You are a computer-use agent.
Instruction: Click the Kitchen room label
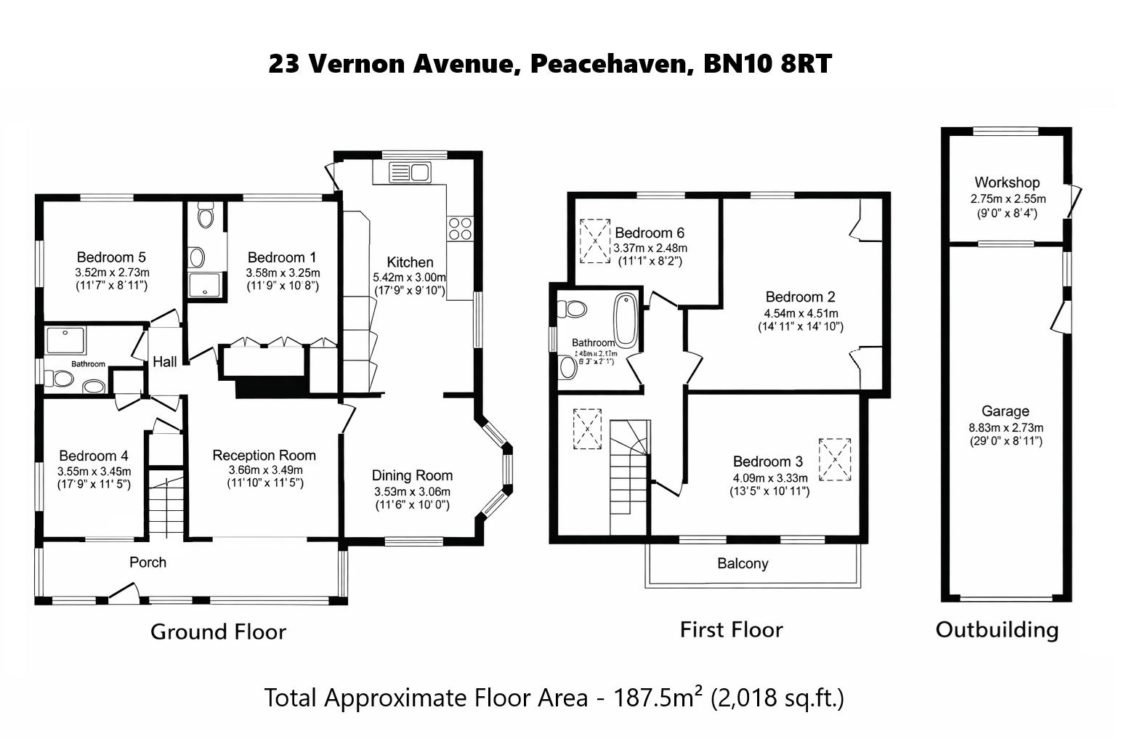[410, 262]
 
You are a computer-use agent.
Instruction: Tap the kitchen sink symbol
[410, 173]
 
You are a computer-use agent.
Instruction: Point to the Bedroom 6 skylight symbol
[594, 241]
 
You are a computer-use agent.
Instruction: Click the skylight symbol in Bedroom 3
[835, 459]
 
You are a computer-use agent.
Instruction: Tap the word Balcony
[742, 564]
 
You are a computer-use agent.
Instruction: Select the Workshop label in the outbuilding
[1006, 182]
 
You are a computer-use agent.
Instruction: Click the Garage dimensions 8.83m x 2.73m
[1006, 428]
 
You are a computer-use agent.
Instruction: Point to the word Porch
[147, 562]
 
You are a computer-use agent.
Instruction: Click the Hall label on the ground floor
[165, 362]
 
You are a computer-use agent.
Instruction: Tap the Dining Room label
[412, 476]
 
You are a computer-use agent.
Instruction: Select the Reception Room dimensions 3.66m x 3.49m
[264, 469]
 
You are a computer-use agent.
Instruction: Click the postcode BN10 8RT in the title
[767, 64]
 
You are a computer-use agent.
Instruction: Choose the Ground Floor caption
[218, 632]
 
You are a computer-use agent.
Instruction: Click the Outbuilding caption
[996, 629]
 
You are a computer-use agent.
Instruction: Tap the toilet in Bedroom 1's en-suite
[206, 216]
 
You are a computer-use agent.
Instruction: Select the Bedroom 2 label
[800, 297]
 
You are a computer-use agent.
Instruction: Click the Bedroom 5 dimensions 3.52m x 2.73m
[112, 272]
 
